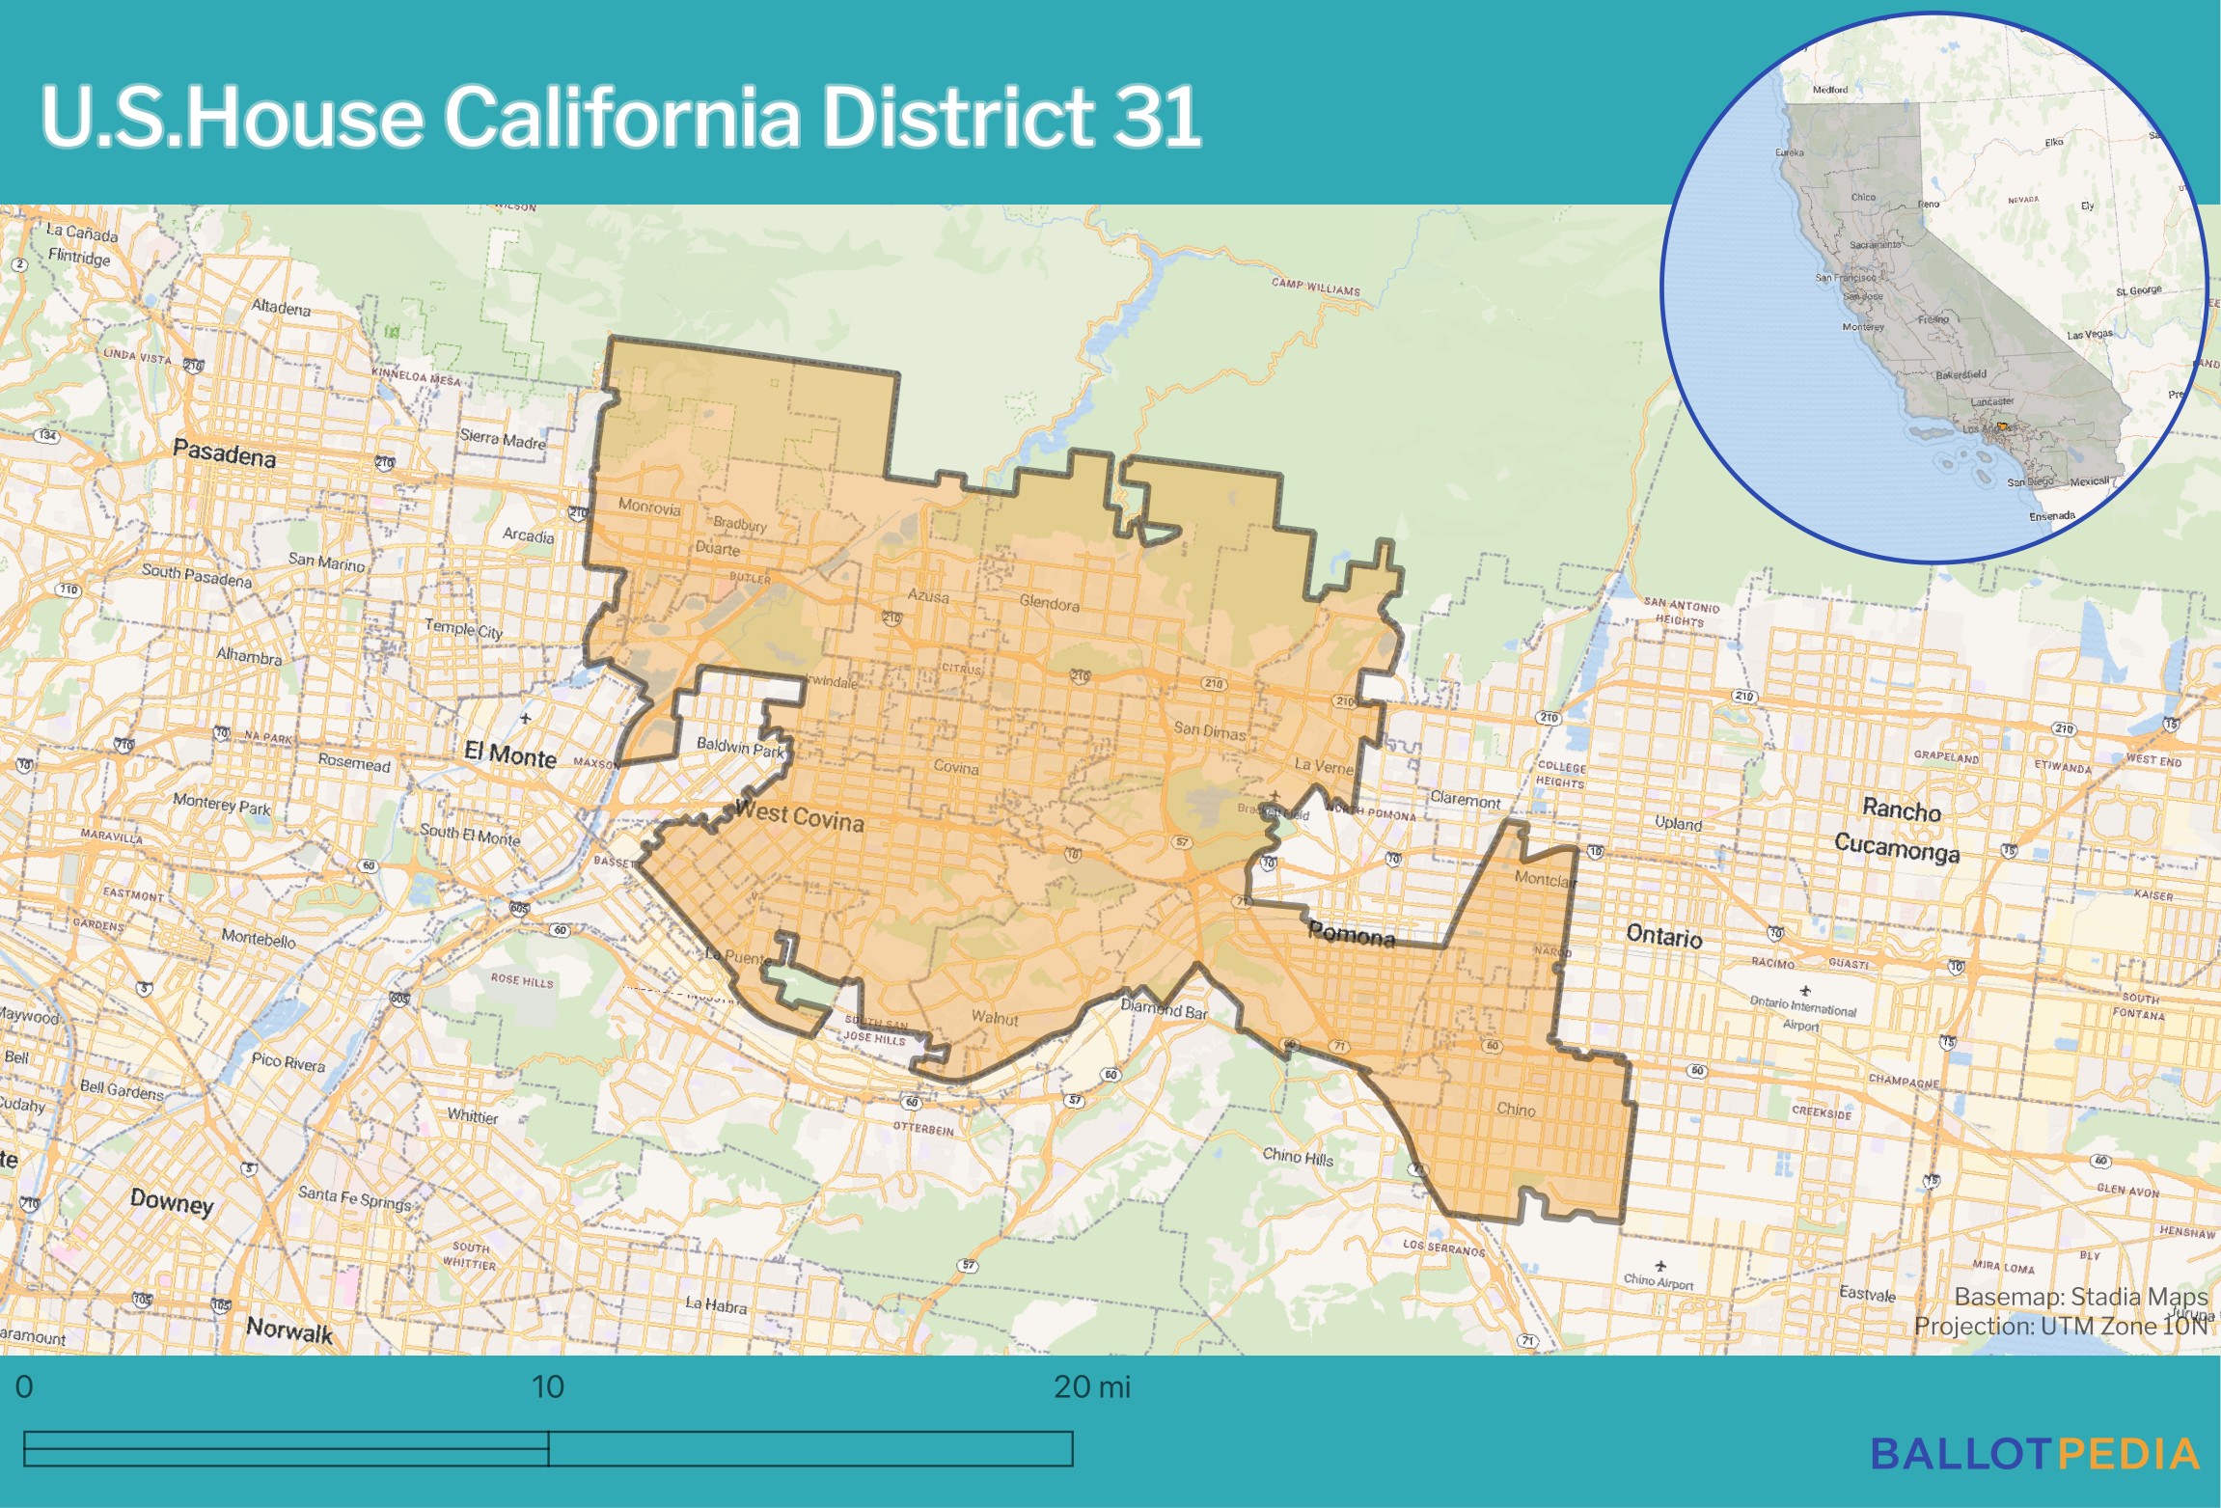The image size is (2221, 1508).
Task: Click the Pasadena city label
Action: [224, 452]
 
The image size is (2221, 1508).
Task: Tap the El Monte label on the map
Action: [509, 754]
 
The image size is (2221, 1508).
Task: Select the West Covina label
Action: [799, 816]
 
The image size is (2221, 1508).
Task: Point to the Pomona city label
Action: [1351, 934]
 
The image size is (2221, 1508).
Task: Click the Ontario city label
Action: [1664, 935]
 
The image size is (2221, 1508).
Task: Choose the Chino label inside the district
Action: [1516, 1110]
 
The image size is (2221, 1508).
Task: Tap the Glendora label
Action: [1050, 604]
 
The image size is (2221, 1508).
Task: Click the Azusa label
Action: [928, 596]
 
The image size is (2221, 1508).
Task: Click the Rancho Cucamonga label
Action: [1898, 829]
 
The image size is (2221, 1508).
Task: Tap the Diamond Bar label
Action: [1164, 1009]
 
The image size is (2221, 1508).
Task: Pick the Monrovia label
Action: [649, 507]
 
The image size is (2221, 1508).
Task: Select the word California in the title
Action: [621, 117]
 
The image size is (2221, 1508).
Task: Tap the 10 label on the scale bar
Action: [547, 1387]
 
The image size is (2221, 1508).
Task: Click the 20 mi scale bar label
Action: [1091, 1387]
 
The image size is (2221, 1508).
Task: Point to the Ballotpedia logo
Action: [2035, 1454]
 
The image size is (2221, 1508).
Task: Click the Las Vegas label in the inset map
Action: [2089, 335]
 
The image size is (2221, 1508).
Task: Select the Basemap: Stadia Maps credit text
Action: [2080, 1297]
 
